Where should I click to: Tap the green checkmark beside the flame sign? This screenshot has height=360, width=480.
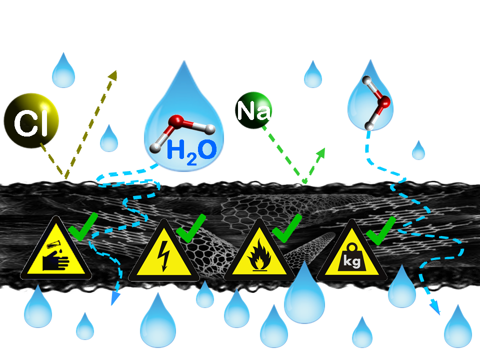(x=287, y=228)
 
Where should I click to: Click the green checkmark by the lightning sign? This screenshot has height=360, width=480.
(x=191, y=228)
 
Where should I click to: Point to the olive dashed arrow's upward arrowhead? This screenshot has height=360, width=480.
(x=112, y=75)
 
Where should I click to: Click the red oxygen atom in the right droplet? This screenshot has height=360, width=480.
(x=384, y=103)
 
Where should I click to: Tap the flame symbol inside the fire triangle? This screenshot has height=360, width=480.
(x=258, y=259)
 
